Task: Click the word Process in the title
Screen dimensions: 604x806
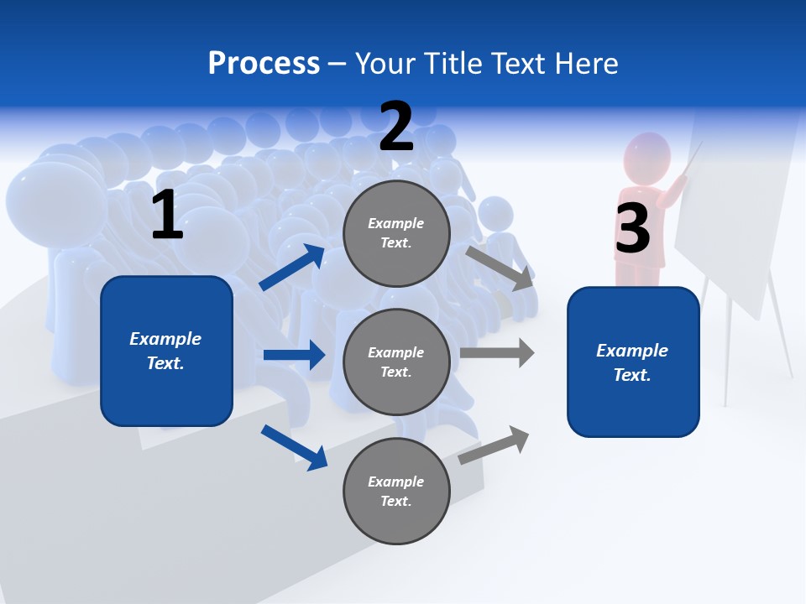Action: tap(264, 63)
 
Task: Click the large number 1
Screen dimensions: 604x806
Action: tap(167, 216)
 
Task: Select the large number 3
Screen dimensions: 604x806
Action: tap(632, 228)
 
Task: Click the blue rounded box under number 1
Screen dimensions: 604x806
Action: tap(166, 351)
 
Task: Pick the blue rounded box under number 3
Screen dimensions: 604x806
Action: tap(633, 362)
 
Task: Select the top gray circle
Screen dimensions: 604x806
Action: tap(396, 233)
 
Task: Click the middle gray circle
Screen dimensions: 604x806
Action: tap(396, 362)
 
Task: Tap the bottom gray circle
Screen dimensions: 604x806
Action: tap(396, 491)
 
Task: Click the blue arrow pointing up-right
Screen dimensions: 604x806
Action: tap(292, 268)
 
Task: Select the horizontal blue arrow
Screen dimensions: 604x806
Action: tap(294, 355)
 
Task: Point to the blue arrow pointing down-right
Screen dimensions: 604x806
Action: tap(295, 447)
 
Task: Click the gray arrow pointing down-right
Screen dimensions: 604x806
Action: tap(500, 268)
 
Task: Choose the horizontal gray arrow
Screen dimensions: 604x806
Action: tap(497, 353)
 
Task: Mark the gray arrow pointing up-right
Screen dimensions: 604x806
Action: tap(495, 445)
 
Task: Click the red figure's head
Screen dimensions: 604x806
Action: tap(647, 157)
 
